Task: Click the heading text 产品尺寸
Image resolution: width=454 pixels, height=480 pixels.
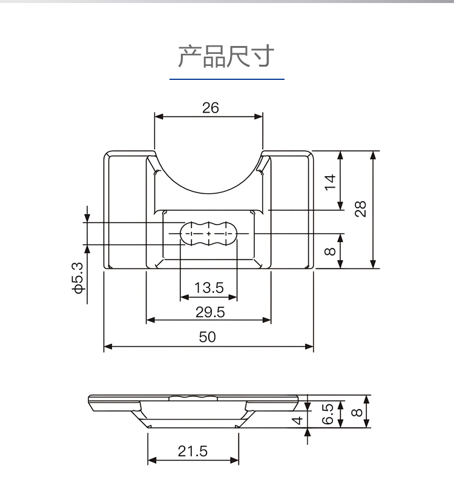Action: point(226,56)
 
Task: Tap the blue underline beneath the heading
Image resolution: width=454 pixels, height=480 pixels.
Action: point(227,79)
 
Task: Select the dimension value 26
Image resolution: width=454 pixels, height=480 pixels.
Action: point(210,108)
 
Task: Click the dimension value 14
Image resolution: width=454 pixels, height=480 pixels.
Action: point(330,182)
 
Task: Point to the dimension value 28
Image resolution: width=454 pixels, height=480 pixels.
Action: point(360,209)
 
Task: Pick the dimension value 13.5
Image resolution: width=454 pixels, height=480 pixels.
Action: point(209,288)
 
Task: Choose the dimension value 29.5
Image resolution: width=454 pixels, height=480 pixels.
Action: point(210,312)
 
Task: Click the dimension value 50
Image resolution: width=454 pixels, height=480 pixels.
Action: point(207,337)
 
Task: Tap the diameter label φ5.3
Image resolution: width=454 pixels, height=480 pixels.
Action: point(78,278)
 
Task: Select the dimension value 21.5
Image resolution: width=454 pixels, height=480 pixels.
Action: point(192,451)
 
